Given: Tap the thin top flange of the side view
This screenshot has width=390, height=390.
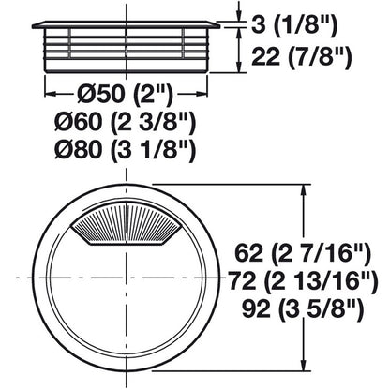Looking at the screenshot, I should pyautogui.click(x=127, y=24).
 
